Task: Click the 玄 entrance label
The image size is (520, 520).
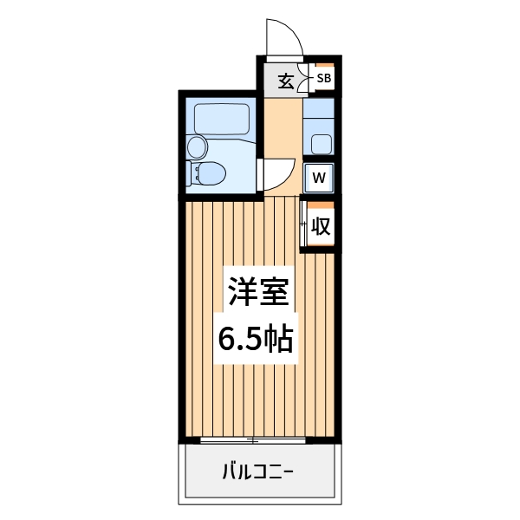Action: point(285,81)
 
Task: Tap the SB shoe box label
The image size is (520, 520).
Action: point(323,79)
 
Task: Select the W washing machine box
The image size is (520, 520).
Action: point(319,178)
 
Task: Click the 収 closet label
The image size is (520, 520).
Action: point(320,227)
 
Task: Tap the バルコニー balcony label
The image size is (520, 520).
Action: point(258,472)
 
